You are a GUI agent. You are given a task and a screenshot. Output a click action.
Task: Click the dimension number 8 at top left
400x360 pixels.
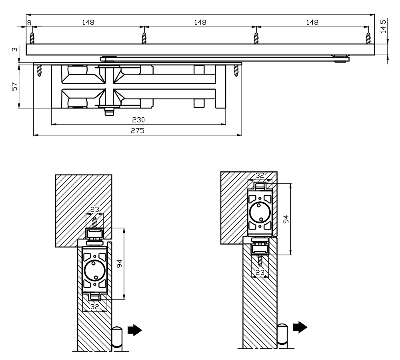pyautogui.click(x=29, y=23)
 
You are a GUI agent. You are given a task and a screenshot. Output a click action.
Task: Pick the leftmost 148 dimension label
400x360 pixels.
pyautogui.click(x=88, y=23)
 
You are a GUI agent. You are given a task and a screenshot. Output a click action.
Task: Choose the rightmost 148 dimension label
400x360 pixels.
pyautogui.click(x=312, y=23)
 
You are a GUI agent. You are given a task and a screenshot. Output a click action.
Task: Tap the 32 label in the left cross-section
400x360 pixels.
pyautogui.click(x=94, y=307)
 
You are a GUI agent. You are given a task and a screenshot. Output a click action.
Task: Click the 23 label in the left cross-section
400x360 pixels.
pyautogui.click(x=94, y=209)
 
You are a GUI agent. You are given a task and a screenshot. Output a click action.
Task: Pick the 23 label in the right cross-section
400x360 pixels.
pyautogui.click(x=260, y=273)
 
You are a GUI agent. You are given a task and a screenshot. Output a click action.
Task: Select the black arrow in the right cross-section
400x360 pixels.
pyautogui.click(x=300, y=327)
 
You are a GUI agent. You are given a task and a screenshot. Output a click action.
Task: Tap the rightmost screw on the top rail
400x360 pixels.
pyautogui.click(x=368, y=37)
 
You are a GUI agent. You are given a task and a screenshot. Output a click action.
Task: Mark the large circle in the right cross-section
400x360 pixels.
pyautogui.click(x=260, y=211)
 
